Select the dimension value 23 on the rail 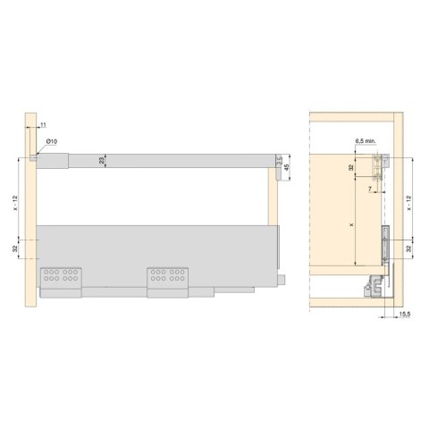[104, 160]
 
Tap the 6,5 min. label [364, 142]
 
